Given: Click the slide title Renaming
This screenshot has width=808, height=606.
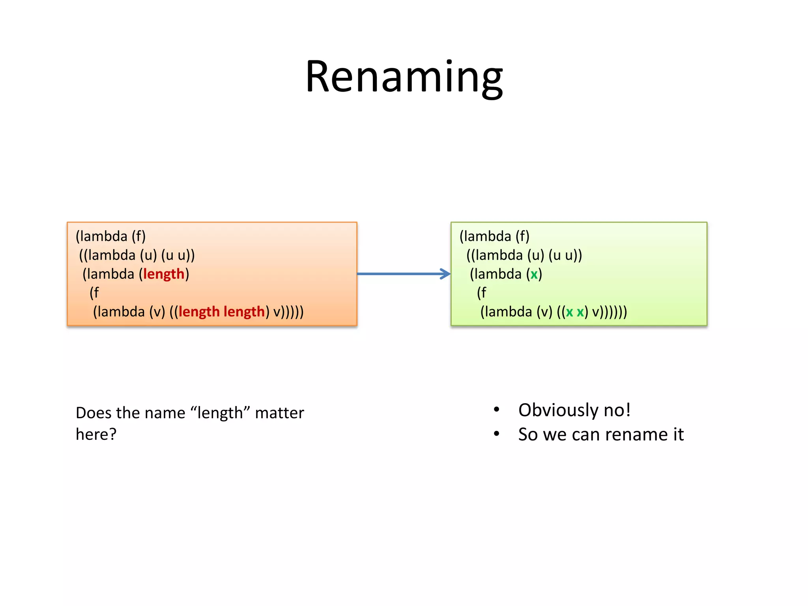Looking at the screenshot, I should coord(404,77).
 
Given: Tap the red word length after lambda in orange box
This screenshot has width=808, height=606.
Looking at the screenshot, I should coord(164,274).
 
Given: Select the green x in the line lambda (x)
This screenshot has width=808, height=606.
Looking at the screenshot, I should coord(534,274).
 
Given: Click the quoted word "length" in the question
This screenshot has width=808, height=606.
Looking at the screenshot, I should coord(220,413).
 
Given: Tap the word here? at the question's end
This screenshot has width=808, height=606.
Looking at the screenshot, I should coord(96,434).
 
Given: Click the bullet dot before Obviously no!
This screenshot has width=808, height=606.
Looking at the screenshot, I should coord(497,410).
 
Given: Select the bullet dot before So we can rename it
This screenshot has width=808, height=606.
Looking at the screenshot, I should coord(497,434).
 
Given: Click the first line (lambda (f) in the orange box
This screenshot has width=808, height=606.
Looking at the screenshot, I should coord(111,236).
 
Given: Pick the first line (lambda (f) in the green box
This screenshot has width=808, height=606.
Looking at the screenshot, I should coord(494,236).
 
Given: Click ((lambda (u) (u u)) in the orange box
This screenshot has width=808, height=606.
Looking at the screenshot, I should coord(137,255).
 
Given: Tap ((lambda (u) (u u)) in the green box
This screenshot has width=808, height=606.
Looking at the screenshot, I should coord(524,255).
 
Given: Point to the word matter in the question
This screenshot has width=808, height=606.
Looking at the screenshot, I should coord(279,413).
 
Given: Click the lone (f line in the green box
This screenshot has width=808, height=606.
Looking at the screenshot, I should coord(482,293).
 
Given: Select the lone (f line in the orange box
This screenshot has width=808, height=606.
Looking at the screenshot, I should coord(94,293).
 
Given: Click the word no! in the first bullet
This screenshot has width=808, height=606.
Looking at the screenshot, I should coord(617,410).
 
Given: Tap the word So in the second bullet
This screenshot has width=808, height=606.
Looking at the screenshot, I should coord(528,435).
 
